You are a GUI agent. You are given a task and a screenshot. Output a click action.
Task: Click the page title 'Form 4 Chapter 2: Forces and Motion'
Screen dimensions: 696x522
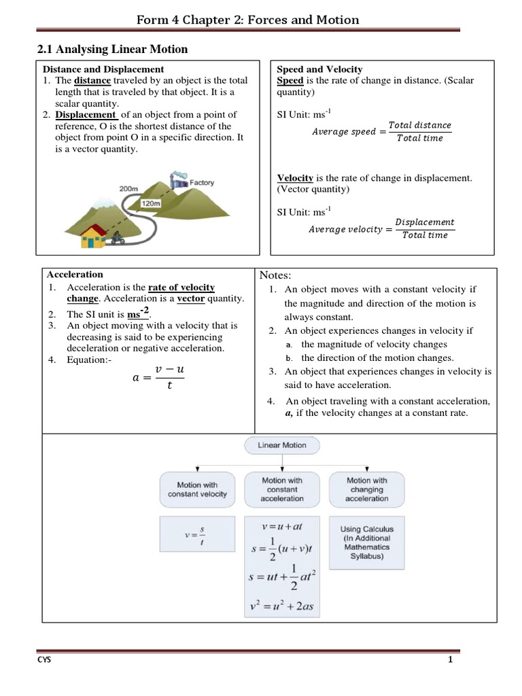click(247, 20)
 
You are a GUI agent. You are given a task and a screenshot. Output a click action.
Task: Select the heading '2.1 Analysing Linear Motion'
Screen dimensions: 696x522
click(111, 49)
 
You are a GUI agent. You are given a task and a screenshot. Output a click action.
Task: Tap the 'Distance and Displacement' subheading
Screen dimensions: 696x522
click(103, 69)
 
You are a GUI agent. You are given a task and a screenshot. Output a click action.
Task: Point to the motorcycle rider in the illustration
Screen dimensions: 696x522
click(117, 239)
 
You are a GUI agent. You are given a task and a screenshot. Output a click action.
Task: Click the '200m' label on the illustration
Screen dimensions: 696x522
click(129, 188)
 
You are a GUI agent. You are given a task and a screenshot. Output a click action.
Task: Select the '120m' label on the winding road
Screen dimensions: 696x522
click(150, 203)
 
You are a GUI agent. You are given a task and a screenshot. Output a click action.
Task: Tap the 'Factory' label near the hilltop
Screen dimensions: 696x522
click(202, 182)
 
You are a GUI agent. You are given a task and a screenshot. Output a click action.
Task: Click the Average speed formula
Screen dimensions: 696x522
click(381, 131)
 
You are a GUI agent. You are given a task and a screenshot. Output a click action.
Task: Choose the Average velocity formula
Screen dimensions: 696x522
click(381, 228)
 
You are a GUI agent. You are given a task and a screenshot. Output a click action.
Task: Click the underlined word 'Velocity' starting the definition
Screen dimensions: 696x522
click(295, 178)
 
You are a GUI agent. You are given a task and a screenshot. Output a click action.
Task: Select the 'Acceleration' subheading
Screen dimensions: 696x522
click(75, 275)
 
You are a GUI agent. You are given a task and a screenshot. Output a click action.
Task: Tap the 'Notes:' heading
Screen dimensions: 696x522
click(275, 275)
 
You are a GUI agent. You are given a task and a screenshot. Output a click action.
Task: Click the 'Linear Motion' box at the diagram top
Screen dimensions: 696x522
click(282, 445)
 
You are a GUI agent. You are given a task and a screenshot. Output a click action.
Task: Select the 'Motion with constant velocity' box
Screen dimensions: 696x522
click(197, 489)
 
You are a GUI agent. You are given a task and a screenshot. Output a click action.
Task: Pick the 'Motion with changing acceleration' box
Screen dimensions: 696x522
click(367, 489)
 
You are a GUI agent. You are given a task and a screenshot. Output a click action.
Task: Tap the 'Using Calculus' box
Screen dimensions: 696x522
click(367, 542)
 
